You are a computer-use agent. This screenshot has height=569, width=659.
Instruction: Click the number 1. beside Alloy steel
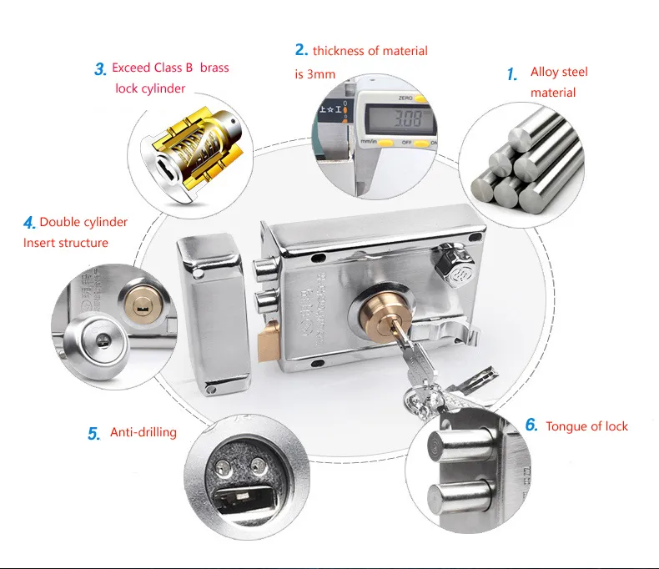pyautogui.click(x=512, y=74)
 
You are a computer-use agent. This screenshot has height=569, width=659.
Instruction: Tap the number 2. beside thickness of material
pyautogui.click(x=300, y=50)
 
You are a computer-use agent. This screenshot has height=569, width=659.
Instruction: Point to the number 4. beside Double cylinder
pyautogui.click(x=29, y=223)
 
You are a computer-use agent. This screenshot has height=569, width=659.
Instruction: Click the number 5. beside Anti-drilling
pyautogui.click(x=93, y=434)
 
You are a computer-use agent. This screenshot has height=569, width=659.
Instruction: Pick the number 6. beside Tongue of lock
pyautogui.click(x=531, y=425)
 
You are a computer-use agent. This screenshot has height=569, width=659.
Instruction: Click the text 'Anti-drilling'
pyautogui.click(x=143, y=433)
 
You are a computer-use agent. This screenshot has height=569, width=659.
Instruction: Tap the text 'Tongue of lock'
pyautogui.click(x=586, y=426)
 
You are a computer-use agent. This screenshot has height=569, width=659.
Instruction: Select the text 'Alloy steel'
pyautogui.click(x=559, y=73)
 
